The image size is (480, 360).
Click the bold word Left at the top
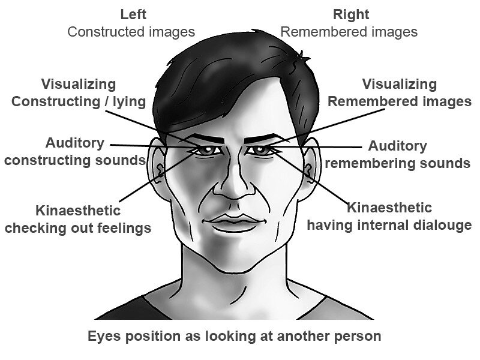click(133, 14)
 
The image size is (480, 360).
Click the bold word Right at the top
click(351, 14)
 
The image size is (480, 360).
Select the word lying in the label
click(129, 102)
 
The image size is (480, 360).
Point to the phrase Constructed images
click(131, 32)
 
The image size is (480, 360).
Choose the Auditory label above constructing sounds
click(75, 143)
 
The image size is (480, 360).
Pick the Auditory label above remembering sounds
click(397, 146)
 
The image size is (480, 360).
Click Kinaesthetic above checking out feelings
click(78, 211)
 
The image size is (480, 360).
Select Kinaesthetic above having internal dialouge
click(389, 208)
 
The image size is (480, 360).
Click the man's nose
click(234, 184)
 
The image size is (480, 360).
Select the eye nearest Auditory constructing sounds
click(206, 151)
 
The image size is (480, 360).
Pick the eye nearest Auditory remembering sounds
click(260, 151)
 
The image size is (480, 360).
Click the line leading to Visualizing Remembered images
click(326, 127)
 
